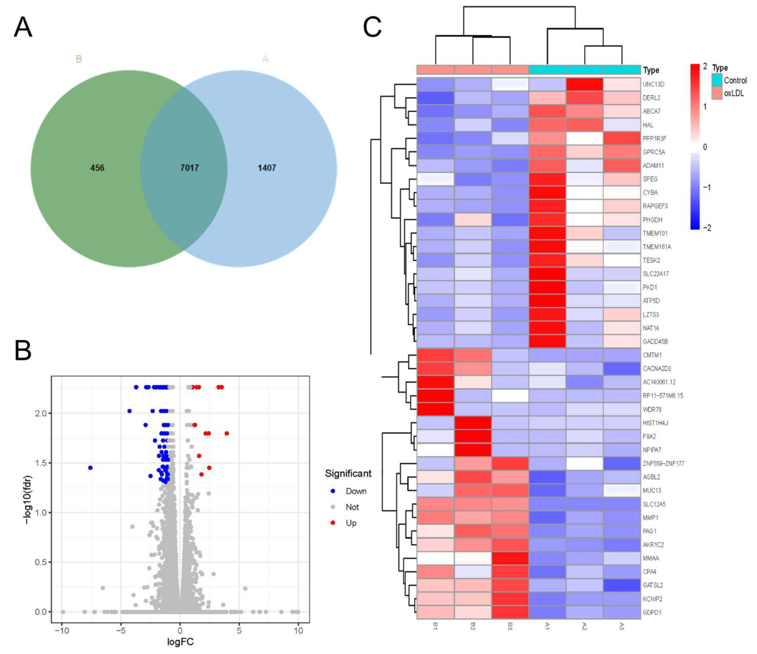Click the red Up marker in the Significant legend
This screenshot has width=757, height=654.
pyautogui.click(x=333, y=523)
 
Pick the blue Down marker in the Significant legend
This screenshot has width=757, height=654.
pyautogui.click(x=333, y=491)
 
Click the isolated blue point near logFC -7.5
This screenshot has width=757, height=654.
pyautogui.click(x=90, y=468)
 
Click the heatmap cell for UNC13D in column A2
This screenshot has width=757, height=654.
pyautogui.click(x=584, y=84)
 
